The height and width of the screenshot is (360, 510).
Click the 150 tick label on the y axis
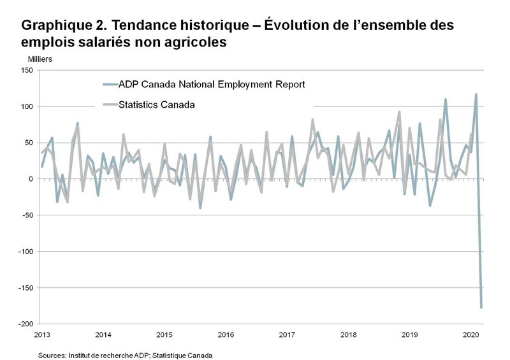tap(26, 70)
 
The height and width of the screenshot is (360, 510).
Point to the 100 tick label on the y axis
tap(26, 106)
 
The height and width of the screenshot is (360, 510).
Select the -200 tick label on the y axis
tap(25, 324)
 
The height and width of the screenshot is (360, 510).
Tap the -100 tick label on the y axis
tap(25, 252)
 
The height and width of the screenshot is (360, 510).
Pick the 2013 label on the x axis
tap(42, 335)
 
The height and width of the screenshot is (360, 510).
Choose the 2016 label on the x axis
tap(225, 335)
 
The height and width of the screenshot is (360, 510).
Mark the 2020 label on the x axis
tap(470, 335)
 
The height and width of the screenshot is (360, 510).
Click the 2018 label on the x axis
tap(348, 335)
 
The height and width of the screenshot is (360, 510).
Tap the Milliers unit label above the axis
tap(40, 59)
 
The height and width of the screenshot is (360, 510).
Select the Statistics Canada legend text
tap(157, 104)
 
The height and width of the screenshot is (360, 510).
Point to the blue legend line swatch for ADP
tap(109, 83)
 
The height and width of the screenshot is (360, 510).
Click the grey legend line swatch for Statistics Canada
tap(109, 104)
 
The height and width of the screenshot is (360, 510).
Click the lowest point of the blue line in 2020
tap(481, 308)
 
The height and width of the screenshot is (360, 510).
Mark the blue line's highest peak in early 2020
tap(476, 94)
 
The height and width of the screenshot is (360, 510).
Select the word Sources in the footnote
tap(53, 354)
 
